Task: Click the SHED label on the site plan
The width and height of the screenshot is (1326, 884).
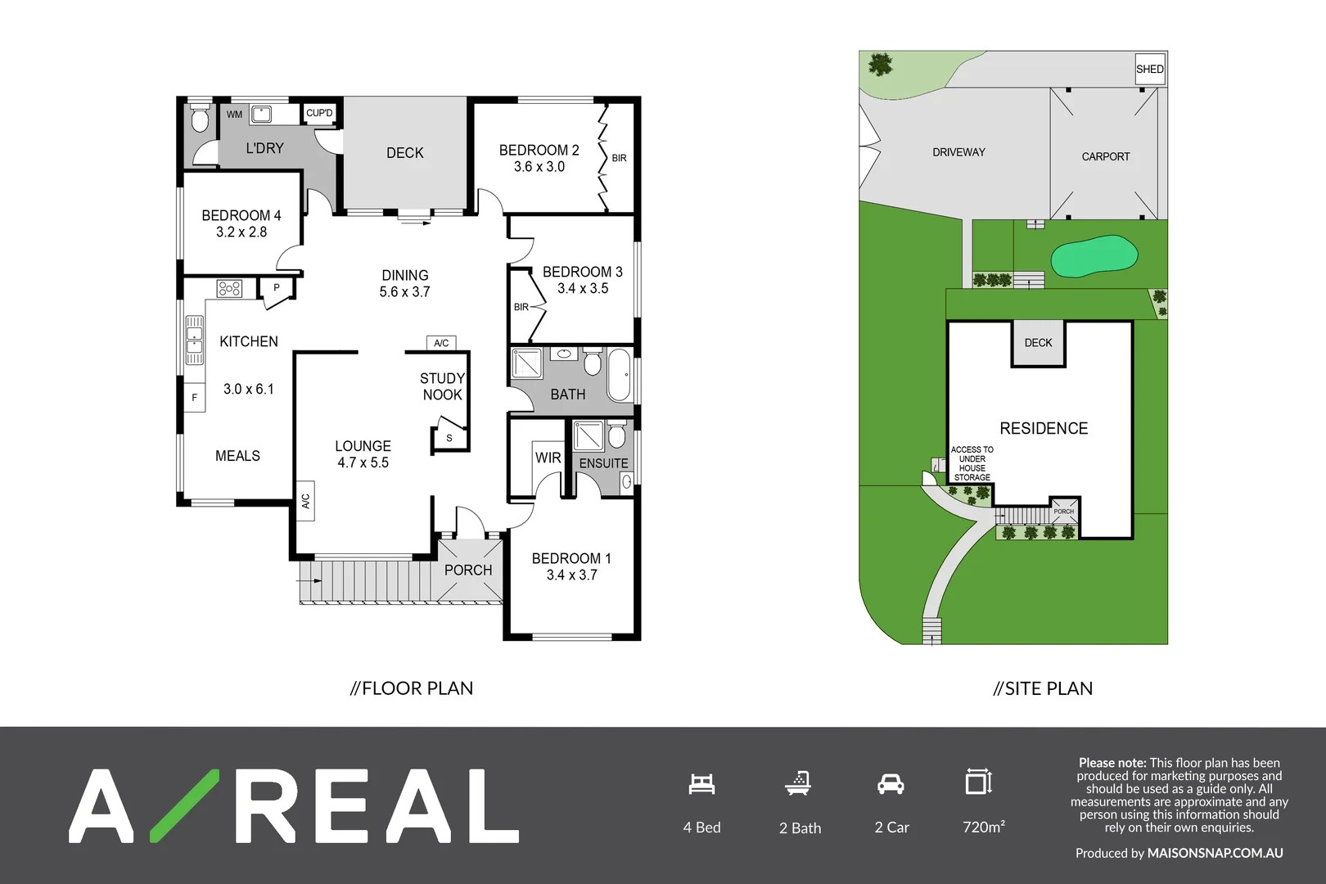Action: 1149,69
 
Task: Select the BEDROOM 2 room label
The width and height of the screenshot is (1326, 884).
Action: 539,150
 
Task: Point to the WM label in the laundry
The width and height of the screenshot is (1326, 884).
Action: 234,115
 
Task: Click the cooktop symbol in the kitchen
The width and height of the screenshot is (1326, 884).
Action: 229,288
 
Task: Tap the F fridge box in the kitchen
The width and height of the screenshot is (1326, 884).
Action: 195,398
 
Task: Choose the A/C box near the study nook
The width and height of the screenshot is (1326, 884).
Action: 441,343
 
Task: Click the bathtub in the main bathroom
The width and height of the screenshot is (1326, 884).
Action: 619,375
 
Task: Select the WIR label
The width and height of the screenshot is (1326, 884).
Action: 548,458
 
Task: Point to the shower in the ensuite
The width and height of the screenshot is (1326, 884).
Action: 588,436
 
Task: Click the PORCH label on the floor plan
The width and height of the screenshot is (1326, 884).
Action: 468,570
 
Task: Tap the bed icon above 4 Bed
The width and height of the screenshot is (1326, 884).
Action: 701,784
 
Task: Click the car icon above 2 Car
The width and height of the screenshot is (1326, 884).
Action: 891,784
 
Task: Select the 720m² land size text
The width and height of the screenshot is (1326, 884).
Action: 983,827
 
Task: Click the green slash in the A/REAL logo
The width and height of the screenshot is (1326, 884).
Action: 185,805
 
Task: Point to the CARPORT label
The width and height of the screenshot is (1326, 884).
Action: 1105,156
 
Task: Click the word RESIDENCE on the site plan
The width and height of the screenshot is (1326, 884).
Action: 1044,428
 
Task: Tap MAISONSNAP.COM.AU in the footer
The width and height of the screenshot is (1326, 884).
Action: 1215,853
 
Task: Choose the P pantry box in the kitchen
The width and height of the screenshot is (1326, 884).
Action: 277,288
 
